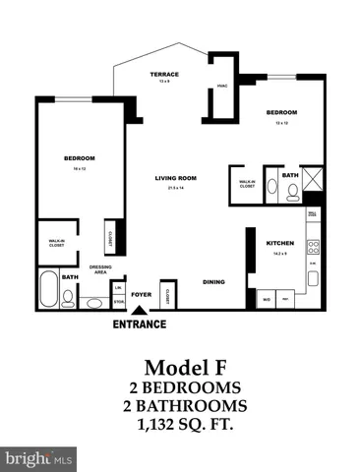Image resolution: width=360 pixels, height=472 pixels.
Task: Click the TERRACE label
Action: point(164,75)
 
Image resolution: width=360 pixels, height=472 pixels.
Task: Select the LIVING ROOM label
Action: point(176,178)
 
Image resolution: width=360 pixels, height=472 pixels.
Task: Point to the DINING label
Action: point(213,282)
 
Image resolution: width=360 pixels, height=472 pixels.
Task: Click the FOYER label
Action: point(141,291)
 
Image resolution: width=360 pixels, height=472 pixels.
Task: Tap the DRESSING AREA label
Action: point(99,269)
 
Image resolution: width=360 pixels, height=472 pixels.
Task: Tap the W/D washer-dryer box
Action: point(266,297)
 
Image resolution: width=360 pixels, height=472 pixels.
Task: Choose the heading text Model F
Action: point(179,367)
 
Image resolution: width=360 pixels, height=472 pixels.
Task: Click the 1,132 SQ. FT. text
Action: point(179,426)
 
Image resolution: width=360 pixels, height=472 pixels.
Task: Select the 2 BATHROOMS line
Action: point(179,406)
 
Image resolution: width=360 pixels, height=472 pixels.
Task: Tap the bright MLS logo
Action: point(38,458)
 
